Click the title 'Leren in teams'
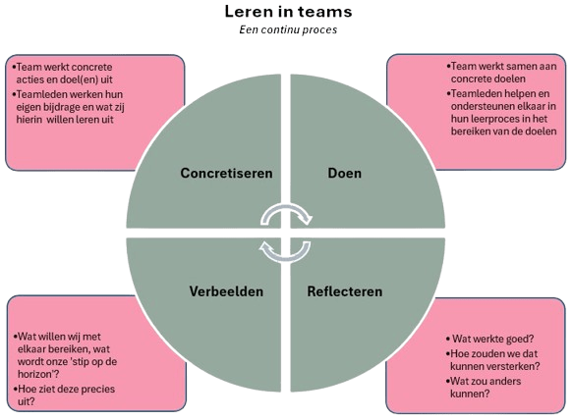(286, 12)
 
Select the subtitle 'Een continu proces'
(286, 30)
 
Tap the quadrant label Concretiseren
(226, 174)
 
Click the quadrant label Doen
(344, 174)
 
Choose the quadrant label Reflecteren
(343, 291)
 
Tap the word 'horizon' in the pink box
(40, 374)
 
